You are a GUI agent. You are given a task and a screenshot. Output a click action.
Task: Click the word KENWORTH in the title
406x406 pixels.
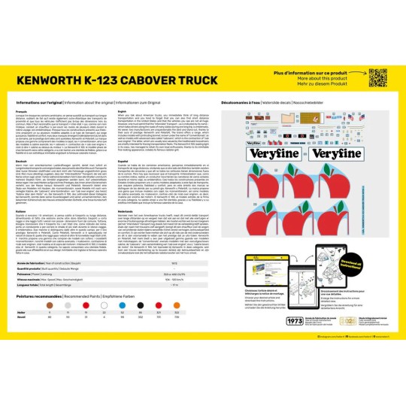(x=55, y=79)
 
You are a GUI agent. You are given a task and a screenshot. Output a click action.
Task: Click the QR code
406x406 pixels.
(x=377, y=77)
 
